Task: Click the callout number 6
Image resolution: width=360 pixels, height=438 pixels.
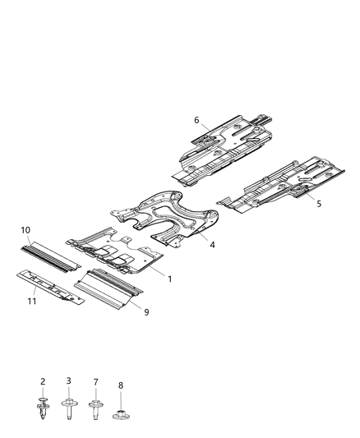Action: pos(196,120)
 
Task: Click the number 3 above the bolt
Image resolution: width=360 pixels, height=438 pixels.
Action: pos(69,380)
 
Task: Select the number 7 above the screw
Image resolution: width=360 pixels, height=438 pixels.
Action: pos(95,382)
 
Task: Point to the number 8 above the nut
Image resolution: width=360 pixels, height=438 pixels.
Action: pos(121,384)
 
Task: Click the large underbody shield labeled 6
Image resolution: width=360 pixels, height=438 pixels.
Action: pos(230,148)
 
